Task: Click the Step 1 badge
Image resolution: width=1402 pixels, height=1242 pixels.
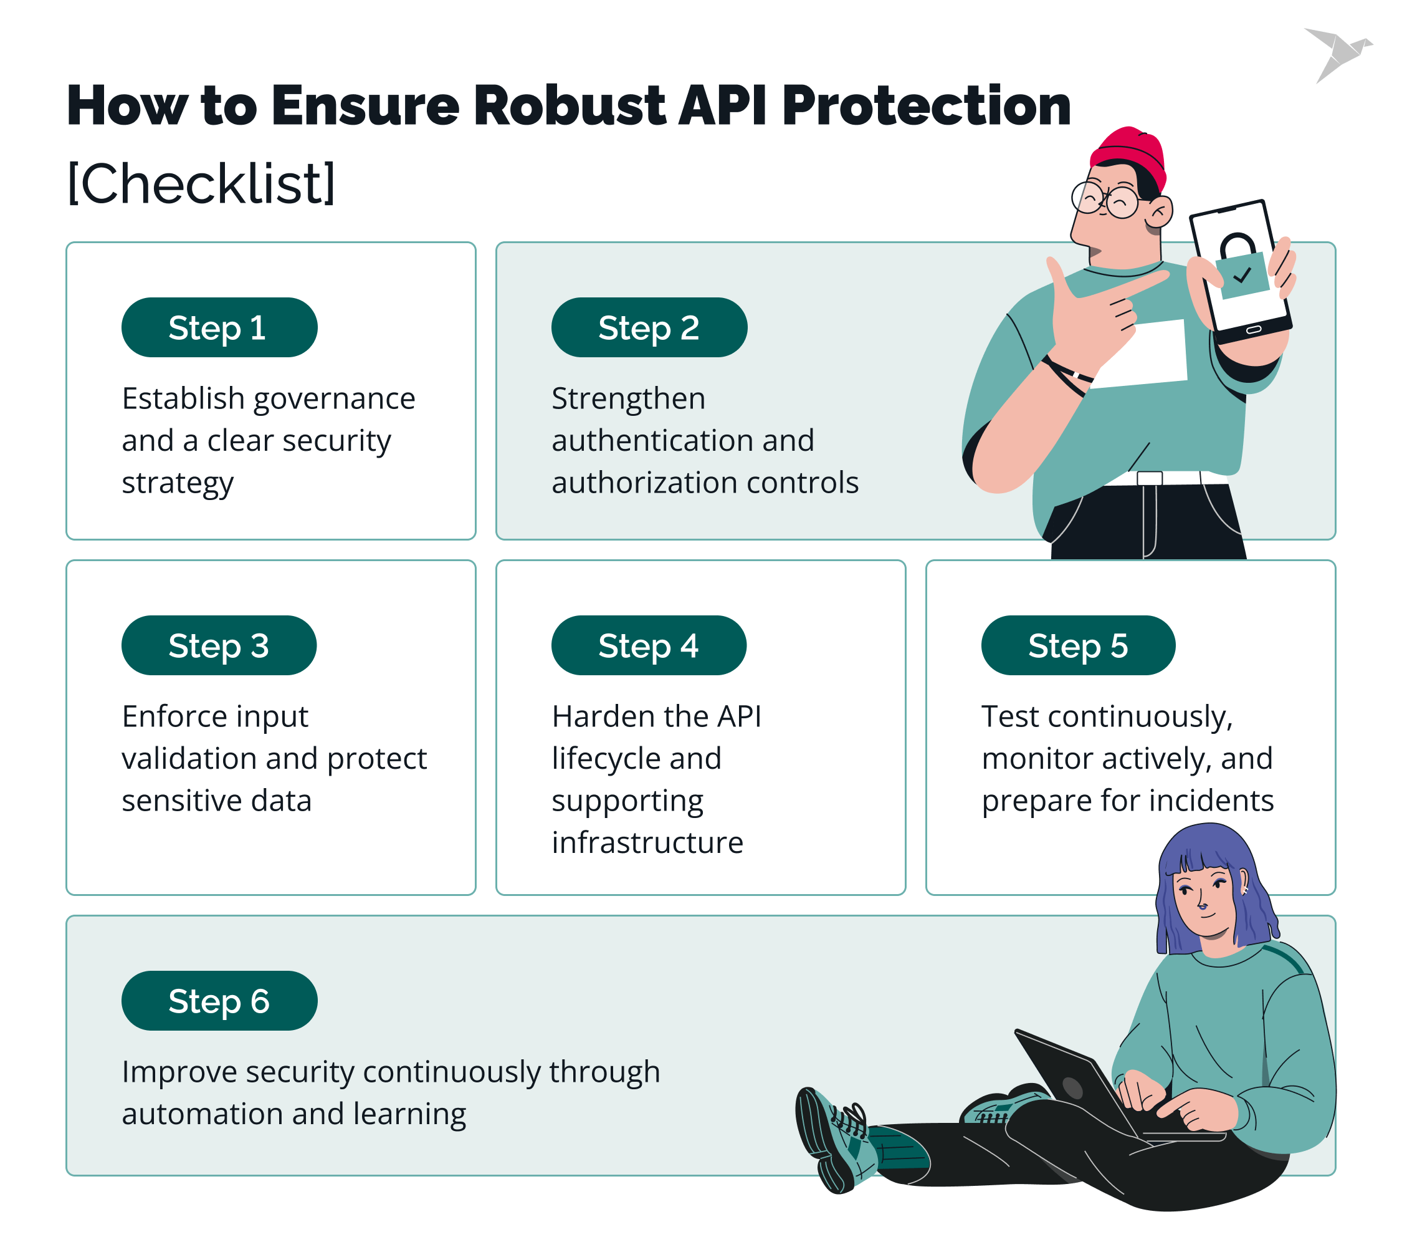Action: pos(219,327)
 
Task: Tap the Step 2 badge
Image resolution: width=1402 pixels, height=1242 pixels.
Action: pos(649,327)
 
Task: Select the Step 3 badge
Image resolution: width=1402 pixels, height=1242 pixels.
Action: pos(219,645)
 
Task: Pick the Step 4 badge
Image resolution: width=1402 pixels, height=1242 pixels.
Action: pos(648,645)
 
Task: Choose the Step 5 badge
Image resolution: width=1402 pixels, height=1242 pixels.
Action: pos(1077,645)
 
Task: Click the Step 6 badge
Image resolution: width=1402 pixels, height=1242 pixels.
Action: pos(219,1001)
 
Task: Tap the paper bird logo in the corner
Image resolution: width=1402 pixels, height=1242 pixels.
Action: pos(1338,54)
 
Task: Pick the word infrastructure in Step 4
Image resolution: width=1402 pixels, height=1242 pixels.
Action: pos(647,842)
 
